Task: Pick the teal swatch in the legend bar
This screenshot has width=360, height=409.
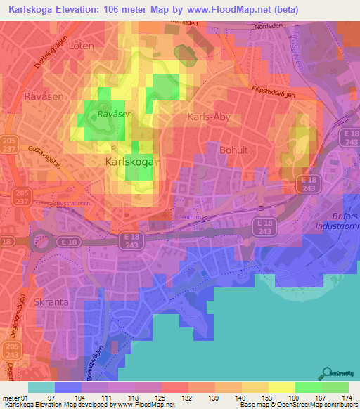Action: (41, 387)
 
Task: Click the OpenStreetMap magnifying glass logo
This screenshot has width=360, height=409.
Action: (326, 372)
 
